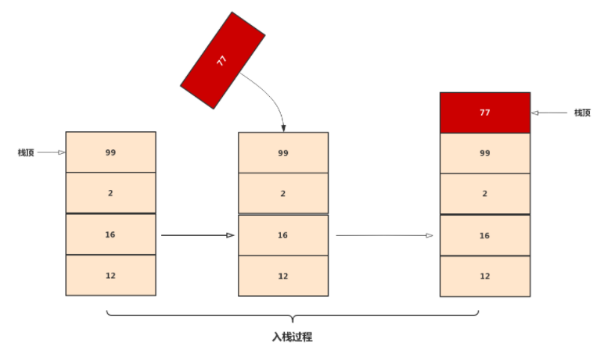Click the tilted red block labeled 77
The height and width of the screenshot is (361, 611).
pos(222,60)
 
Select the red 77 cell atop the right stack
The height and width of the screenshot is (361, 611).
pos(485,113)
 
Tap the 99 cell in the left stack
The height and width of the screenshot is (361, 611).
pos(110,152)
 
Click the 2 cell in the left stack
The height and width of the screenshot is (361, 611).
pos(110,192)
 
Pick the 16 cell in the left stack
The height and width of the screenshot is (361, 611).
pos(110,234)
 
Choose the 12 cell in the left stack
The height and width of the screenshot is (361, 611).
pos(110,275)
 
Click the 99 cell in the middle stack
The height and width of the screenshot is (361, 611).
pos(283,152)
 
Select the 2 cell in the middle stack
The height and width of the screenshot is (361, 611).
pos(283,193)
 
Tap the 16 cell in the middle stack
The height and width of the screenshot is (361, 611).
pos(283,235)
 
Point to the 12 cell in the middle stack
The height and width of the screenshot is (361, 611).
pos(283,276)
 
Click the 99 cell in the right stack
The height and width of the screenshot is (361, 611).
pos(485,153)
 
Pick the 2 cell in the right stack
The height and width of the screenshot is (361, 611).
pos(485,194)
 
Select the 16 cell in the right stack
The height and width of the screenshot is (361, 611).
pos(485,235)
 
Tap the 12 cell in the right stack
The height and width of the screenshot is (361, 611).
pos(485,276)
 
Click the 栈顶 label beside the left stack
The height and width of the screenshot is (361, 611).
pos(26,152)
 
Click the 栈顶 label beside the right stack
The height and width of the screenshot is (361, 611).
pos(582,113)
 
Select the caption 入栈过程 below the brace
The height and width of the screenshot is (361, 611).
pos(292,338)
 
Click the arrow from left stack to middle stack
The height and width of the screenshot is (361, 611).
pos(197,234)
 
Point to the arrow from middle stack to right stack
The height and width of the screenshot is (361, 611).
pos(384,234)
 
